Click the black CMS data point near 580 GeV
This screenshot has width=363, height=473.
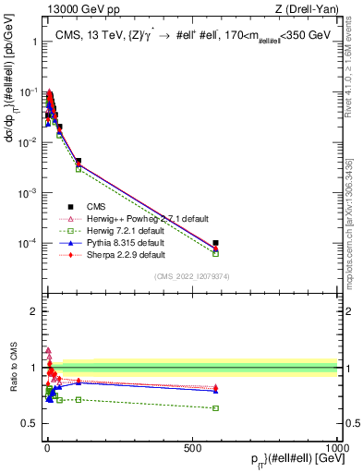(215, 243)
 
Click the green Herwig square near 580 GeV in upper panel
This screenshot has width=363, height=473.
(215, 253)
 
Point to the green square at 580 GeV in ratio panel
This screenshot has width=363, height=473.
(215, 407)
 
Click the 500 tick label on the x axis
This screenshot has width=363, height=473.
(191, 447)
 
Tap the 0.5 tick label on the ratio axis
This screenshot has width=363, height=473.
(30, 424)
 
